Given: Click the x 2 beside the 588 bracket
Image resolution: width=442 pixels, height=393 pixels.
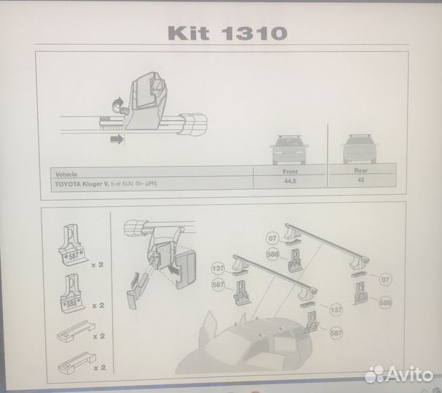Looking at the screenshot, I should coord(97,306).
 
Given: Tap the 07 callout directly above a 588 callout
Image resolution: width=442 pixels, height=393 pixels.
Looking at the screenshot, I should coord(272,238).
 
